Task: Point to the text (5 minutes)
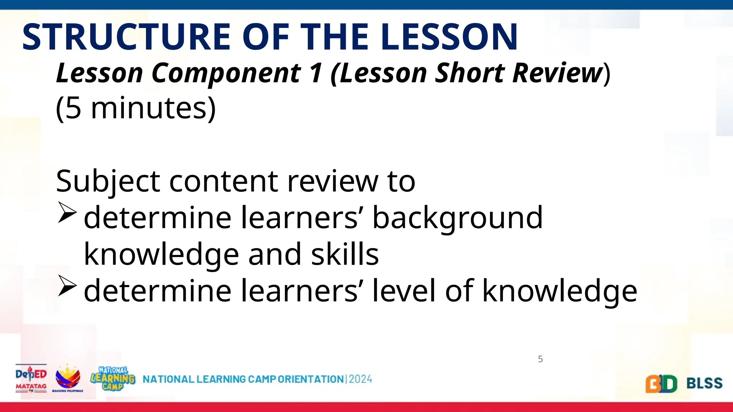[x=136, y=108]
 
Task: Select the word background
[x=457, y=218]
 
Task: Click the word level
[x=404, y=290]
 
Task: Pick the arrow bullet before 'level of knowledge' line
[x=67, y=286]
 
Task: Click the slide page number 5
[x=540, y=359]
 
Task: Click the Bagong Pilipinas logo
[x=68, y=378]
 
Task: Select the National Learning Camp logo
[x=113, y=378]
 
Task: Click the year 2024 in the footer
[x=360, y=379]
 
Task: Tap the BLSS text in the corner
[x=704, y=383]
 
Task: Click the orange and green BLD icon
[x=661, y=384]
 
